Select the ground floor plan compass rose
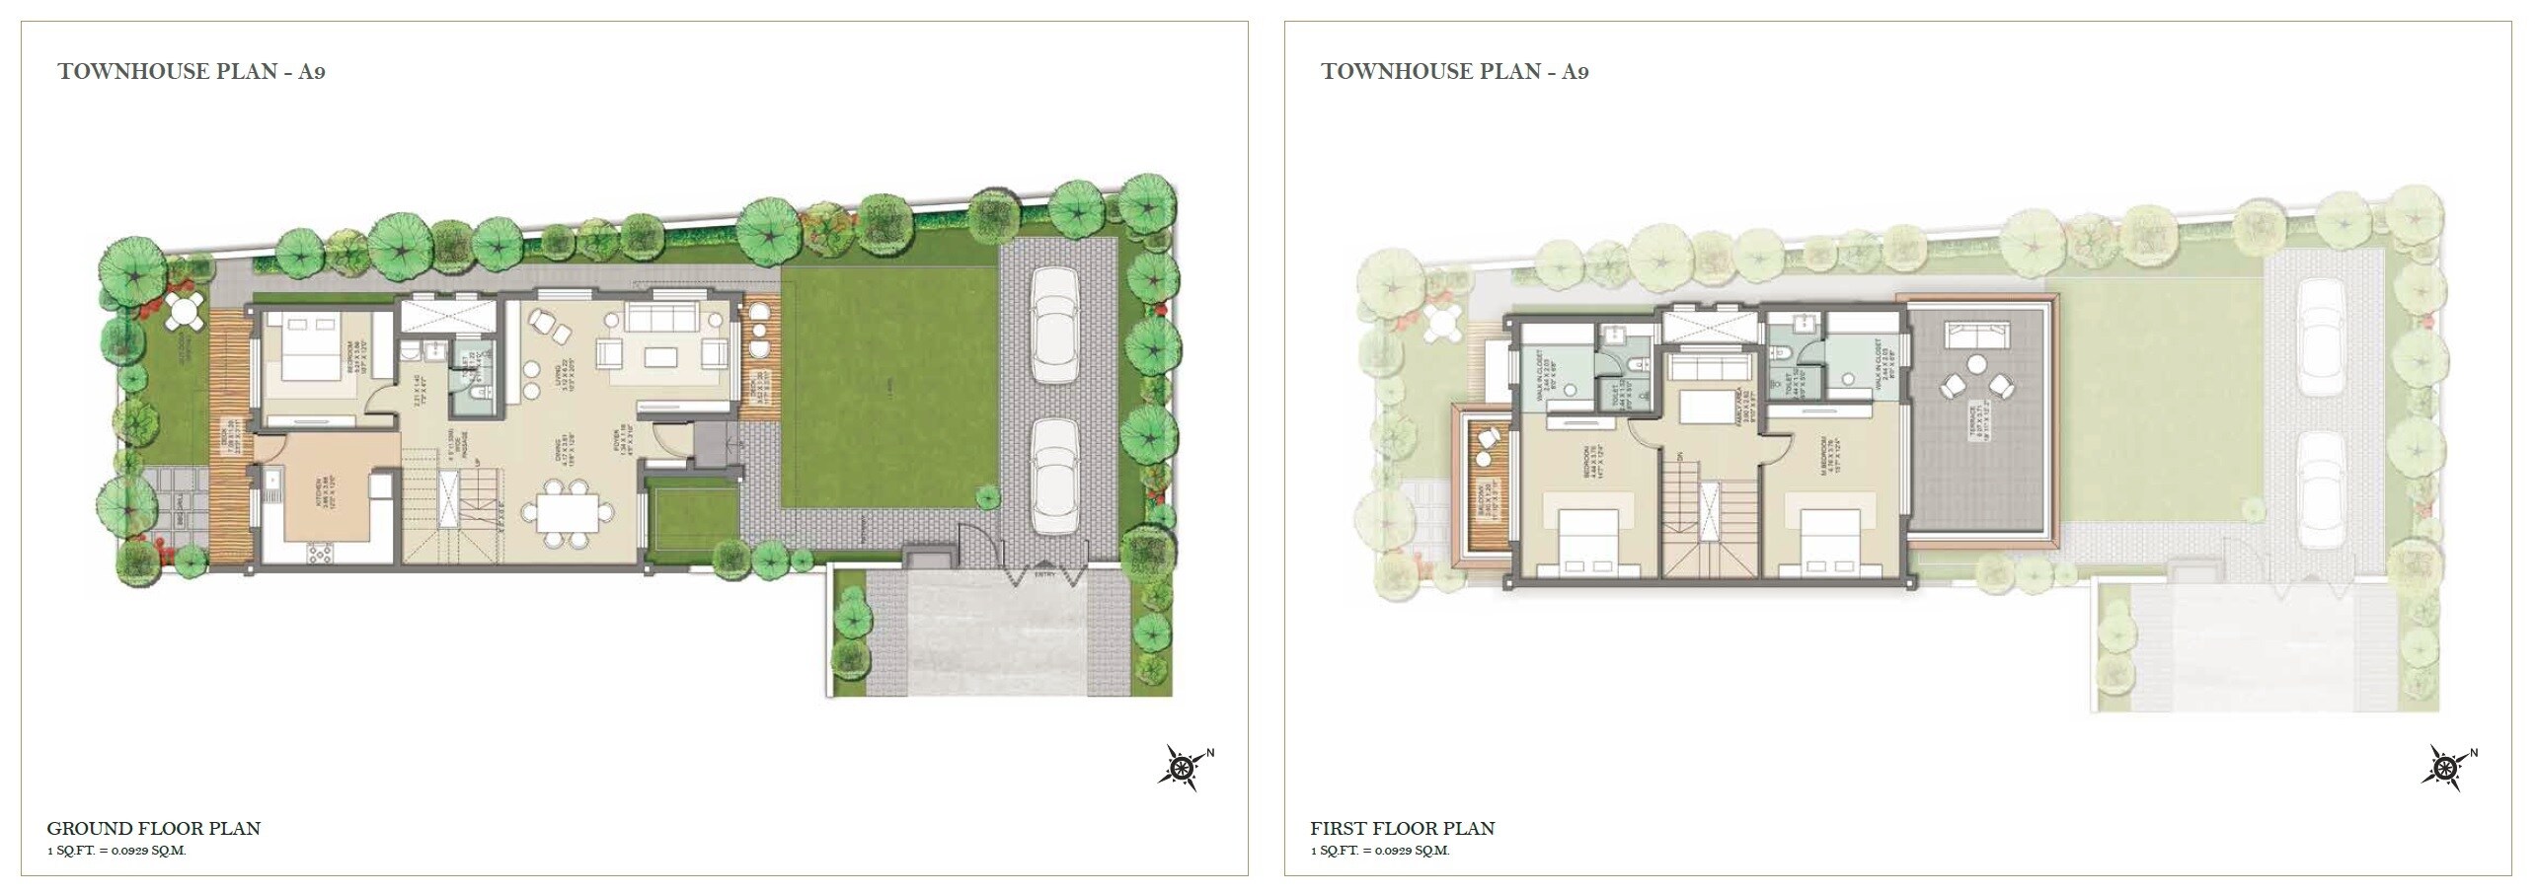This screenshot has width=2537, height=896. click(x=1181, y=767)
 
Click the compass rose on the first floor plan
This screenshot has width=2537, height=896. click(x=2444, y=767)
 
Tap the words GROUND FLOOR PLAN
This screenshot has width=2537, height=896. click(x=154, y=829)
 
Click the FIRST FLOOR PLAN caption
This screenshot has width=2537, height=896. click(x=1402, y=829)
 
